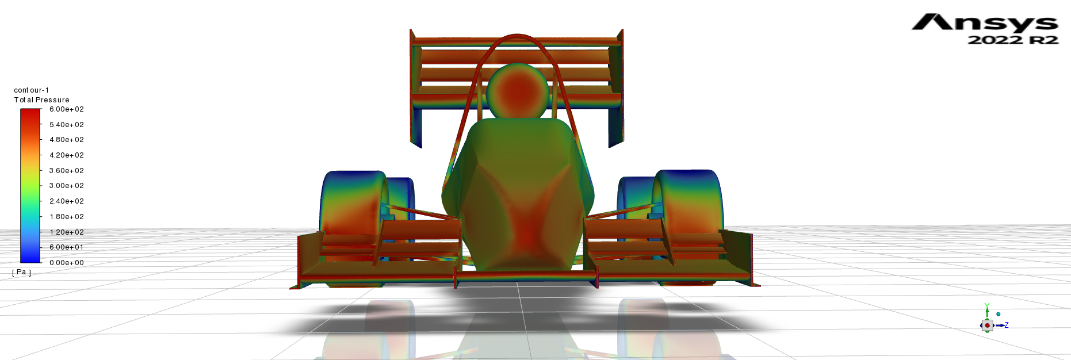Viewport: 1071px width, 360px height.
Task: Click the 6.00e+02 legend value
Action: (x=66, y=109)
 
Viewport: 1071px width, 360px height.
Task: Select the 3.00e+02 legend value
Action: (x=66, y=186)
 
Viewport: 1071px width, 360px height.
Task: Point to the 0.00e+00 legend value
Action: (x=66, y=263)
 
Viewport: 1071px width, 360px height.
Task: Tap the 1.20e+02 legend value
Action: (x=66, y=232)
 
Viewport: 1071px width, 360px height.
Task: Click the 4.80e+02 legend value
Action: (x=66, y=140)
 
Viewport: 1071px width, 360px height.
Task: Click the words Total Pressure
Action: (x=41, y=100)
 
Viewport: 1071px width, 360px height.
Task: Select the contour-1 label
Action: (x=31, y=90)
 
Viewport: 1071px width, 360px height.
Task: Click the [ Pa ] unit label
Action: (x=22, y=272)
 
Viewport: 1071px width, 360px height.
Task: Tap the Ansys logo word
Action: (x=985, y=22)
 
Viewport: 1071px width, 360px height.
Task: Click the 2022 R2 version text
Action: (x=1012, y=40)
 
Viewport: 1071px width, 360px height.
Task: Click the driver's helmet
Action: (x=517, y=92)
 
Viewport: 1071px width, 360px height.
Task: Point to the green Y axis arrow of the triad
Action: (x=987, y=311)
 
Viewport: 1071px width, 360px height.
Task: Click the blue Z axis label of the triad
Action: (x=1006, y=325)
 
